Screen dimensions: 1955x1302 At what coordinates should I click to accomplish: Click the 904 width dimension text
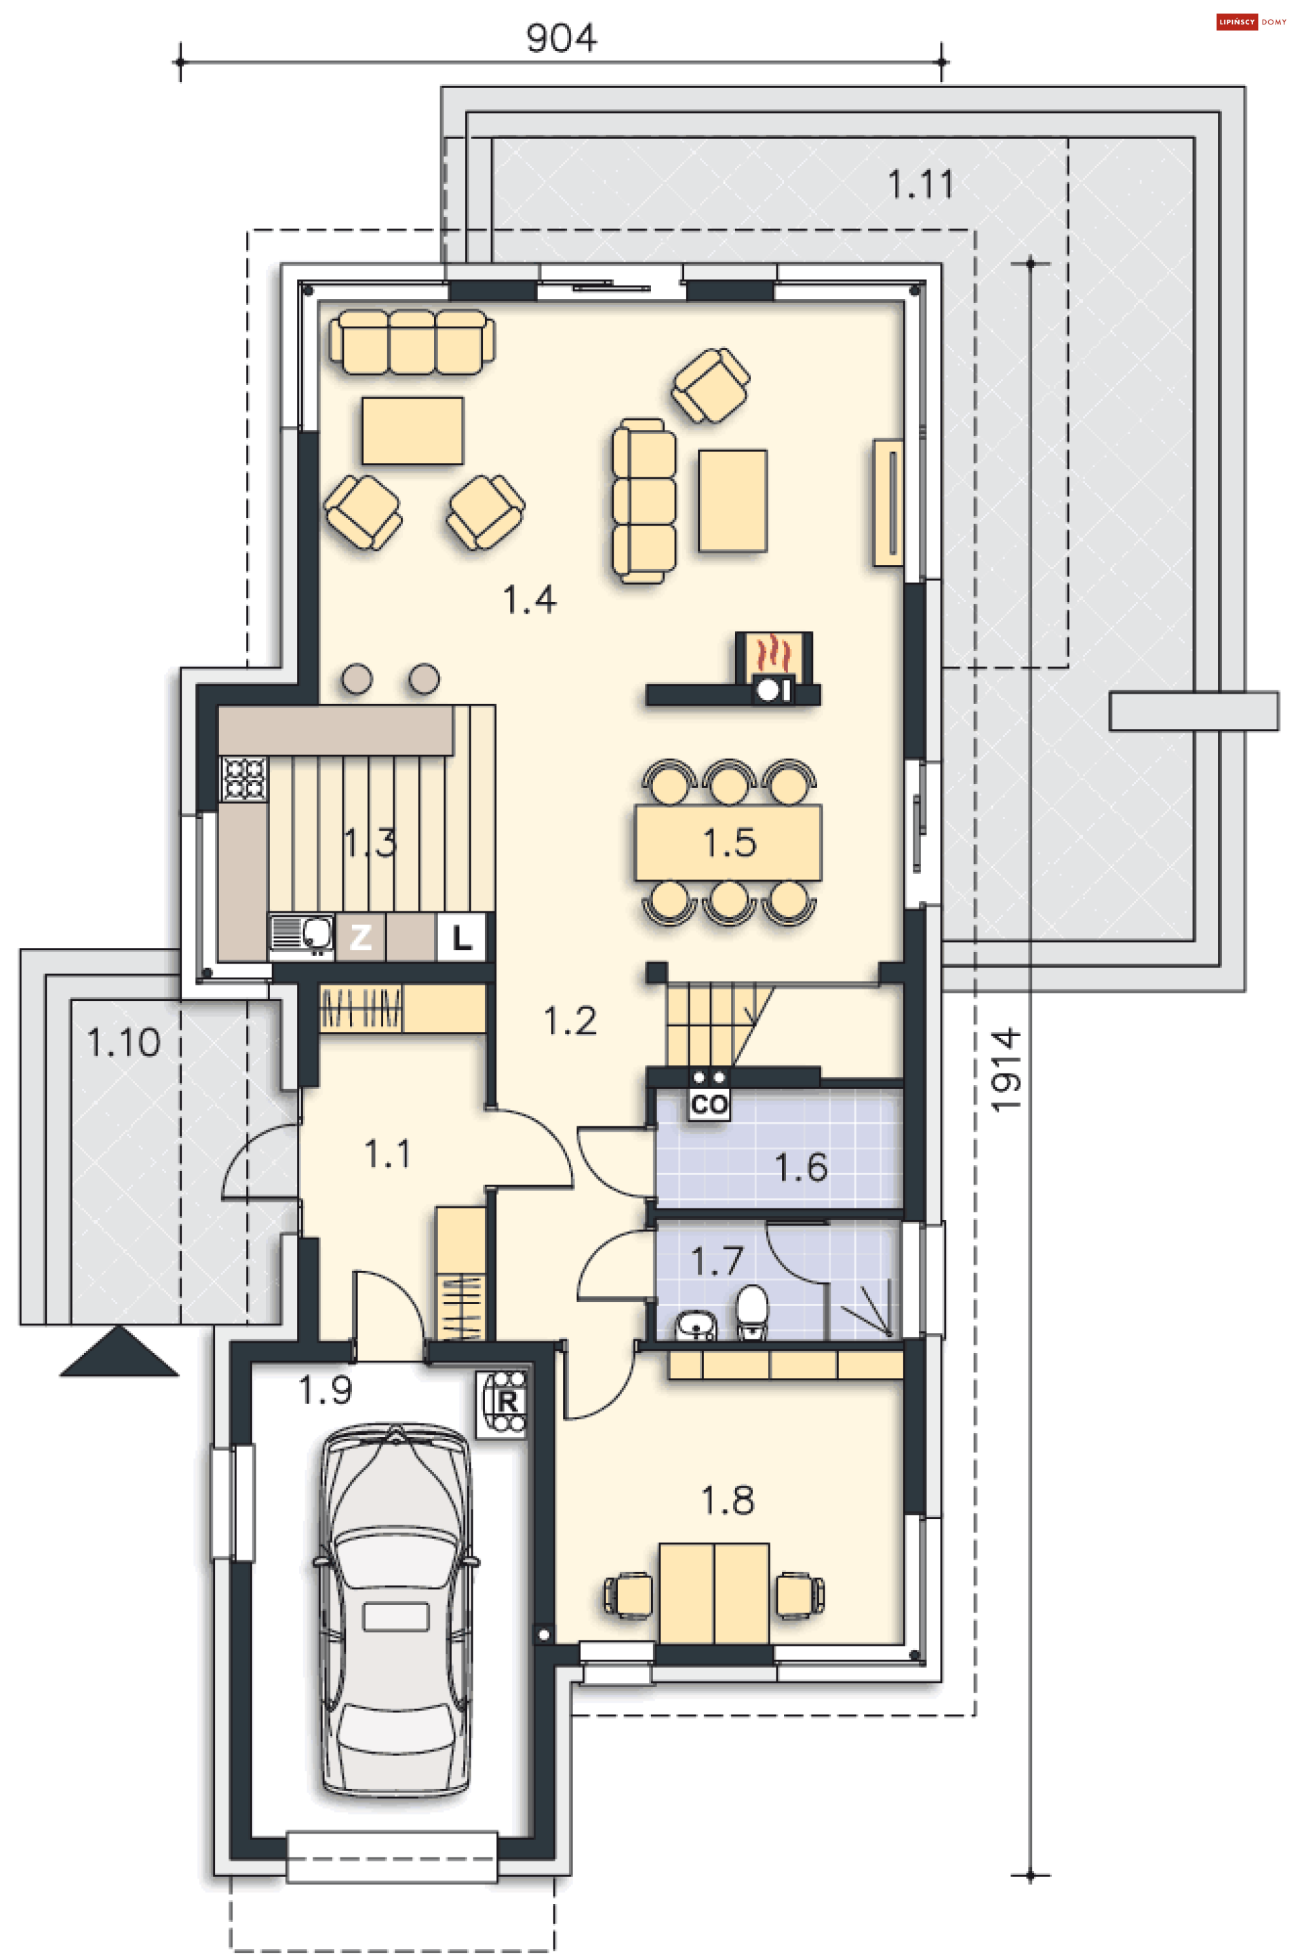(x=561, y=37)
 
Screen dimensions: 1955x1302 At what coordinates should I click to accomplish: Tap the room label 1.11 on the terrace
(x=920, y=184)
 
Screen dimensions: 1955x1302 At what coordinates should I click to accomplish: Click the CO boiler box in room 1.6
(x=708, y=1105)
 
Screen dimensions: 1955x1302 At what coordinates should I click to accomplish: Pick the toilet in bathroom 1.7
(x=752, y=1311)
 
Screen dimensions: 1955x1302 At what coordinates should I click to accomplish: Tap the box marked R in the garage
(x=503, y=1403)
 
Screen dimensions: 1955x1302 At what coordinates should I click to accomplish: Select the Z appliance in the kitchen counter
(x=360, y=937)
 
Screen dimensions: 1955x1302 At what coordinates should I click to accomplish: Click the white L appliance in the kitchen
(x=461, y=937)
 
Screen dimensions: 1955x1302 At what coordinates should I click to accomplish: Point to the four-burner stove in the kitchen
(x=244, y=778)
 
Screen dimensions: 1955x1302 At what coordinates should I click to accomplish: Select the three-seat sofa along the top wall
(x=412, y=342)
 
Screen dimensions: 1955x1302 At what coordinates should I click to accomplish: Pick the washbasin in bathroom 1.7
(x=695, y=1325)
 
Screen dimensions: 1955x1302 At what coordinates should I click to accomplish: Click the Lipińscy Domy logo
(x=1250, y=22)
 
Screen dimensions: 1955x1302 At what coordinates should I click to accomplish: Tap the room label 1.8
(x=728, y=1499)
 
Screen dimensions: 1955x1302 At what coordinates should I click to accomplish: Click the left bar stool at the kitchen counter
(x=357, y=678)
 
